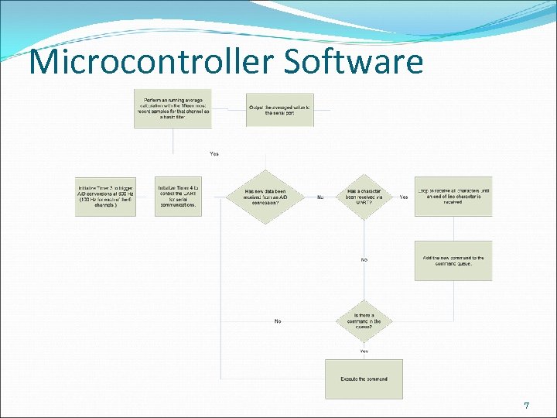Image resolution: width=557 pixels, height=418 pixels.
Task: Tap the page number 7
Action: [526, 406]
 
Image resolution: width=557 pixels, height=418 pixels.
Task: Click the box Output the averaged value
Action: [280, 108]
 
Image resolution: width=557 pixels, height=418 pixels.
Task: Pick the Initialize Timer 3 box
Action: [105, 197]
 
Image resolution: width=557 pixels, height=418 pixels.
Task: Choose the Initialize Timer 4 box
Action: [178, 197]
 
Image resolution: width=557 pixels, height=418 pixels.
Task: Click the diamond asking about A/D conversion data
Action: [265, 197]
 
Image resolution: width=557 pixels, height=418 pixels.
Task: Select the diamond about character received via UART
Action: [363, 197]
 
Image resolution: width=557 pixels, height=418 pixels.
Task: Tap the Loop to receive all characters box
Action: [453, 197]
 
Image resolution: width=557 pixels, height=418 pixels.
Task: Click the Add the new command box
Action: [453, 261]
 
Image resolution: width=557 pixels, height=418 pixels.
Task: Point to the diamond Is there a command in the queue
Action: [364, 320]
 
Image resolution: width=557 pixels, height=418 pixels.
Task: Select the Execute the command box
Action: [364, 379]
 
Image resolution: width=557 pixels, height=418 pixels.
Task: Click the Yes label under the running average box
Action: [214, 153]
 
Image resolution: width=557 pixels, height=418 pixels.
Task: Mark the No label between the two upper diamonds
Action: [320, 197]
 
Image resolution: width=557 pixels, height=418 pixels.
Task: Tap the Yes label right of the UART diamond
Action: [404, 197]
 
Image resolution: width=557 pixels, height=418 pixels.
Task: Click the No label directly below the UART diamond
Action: [364, 259]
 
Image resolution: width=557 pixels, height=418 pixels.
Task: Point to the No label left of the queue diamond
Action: [278, 320]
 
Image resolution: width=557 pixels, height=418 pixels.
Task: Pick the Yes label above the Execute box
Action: [364, 351]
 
